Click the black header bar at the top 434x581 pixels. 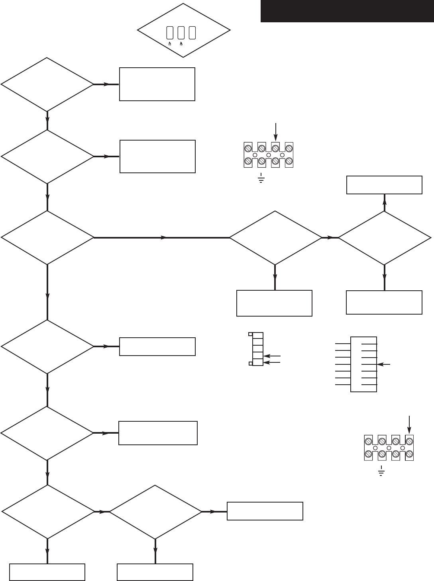tap(347, 11)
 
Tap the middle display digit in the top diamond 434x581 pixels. tap(181, 33)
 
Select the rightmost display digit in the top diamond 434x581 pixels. tap(192, 33)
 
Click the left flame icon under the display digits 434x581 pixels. tap(170, 44)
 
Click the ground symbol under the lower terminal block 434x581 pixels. tap(381, 471)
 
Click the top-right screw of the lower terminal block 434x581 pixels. tap(408, 441)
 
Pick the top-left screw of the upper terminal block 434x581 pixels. tap(248, 148)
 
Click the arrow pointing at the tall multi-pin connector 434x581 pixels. tap(384, 364)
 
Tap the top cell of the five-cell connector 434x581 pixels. tap(258, 335)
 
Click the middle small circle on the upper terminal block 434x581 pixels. tap(269, 155)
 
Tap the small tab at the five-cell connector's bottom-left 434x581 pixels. tap(250, 363)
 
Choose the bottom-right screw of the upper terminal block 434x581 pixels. tap(289, 161)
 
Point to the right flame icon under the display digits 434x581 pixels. tap(181, 44)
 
